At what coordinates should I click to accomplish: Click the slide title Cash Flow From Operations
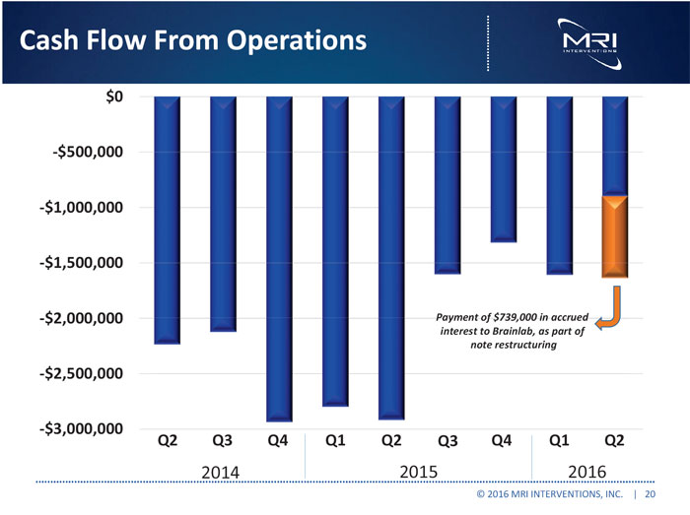click(186, 41)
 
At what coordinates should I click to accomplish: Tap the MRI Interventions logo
click(588, 41)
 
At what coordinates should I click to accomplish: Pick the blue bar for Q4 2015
click(504, 168)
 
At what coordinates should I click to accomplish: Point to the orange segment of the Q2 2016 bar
click(615, 236)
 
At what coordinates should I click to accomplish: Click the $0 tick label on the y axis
click(114, 97)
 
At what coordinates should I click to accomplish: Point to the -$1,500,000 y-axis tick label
click(84, 263)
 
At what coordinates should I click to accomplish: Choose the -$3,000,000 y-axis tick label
click(84, 429)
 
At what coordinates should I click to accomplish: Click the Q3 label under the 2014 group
click(224, 439)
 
